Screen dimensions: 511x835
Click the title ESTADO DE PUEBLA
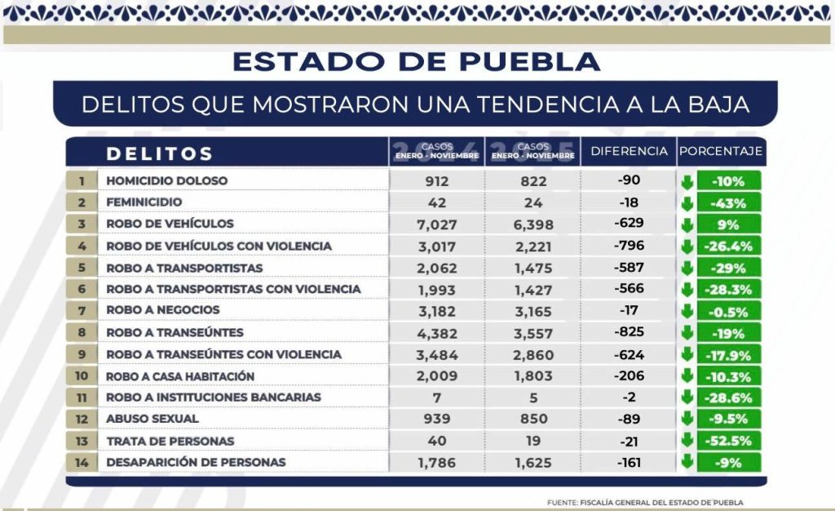(417, 61)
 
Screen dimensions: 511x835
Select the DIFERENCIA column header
(629, 151)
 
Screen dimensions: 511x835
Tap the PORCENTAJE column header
(720, 151)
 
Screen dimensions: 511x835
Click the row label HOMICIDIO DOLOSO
(166, 180)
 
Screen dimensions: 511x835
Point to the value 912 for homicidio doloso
(436, 181)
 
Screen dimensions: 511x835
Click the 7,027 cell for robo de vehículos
(436, 224)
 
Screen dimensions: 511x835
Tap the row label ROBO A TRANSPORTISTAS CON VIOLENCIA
(233, 289)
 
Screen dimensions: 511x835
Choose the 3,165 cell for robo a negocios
(533, 311)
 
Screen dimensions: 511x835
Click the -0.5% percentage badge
(728, 311)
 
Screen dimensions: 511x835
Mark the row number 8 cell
(82, 332)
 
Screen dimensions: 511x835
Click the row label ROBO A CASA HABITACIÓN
(180, 376)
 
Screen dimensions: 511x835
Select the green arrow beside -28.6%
(687, 398)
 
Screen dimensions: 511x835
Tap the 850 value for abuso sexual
(533, 419)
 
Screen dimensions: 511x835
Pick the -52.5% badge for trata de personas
(728, 441)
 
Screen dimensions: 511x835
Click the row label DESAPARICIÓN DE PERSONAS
(196, 462)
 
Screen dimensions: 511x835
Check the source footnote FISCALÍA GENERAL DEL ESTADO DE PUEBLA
(645, 502)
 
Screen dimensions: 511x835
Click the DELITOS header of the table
(160, 153)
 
